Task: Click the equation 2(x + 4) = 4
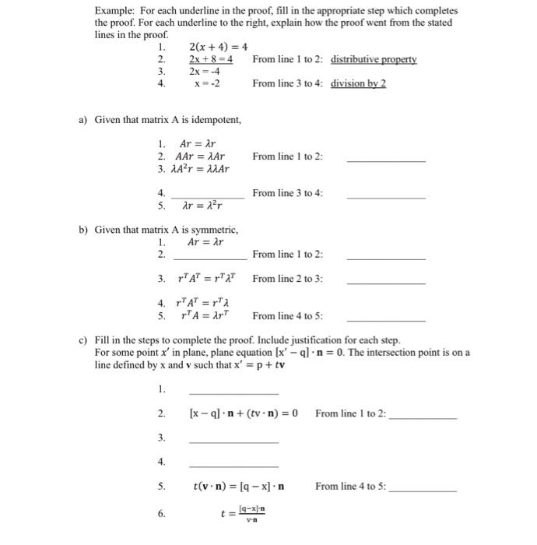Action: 218,47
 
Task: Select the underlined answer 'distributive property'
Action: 374,59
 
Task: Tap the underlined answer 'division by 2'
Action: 358,83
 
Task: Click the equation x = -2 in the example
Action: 206,83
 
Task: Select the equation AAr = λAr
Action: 200,156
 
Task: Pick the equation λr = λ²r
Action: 202,206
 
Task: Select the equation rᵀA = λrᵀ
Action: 202,315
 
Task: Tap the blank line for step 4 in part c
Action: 233,465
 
